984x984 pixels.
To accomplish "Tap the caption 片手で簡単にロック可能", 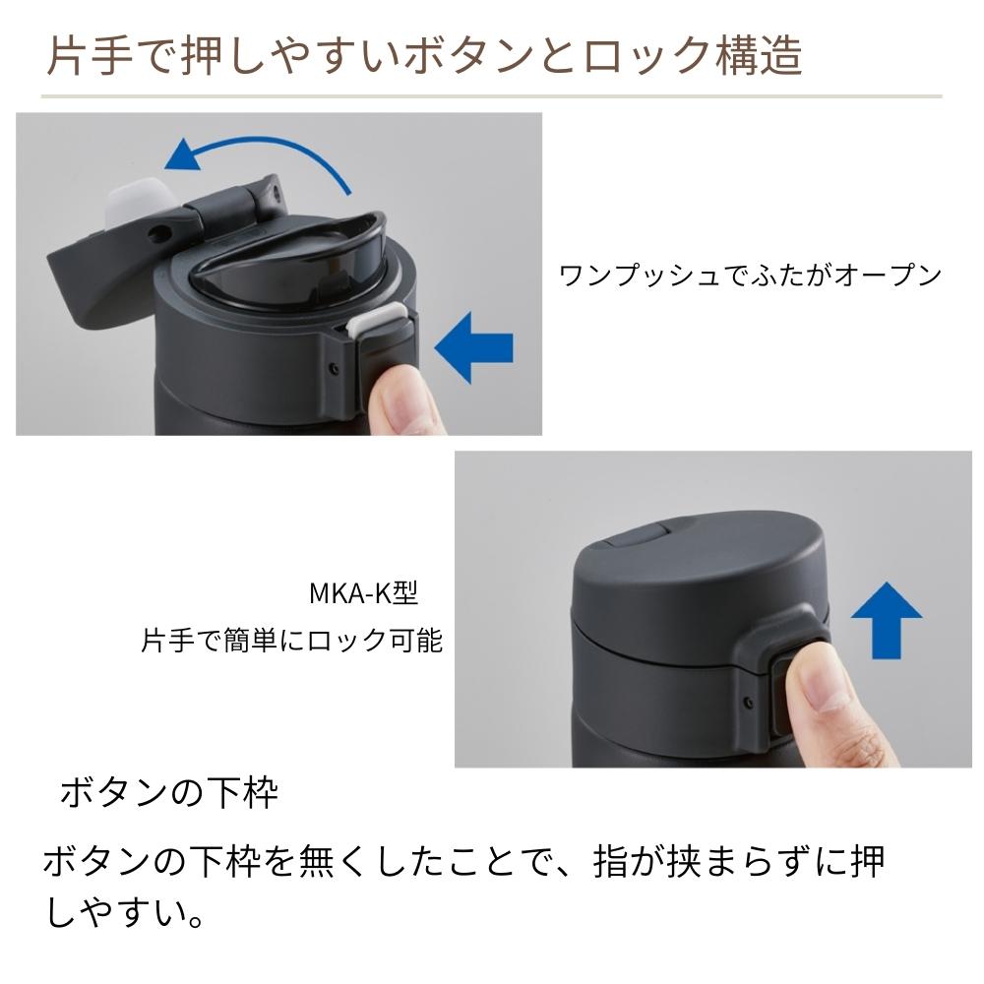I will (292, 642).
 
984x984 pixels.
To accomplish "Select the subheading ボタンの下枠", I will (169, 793).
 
